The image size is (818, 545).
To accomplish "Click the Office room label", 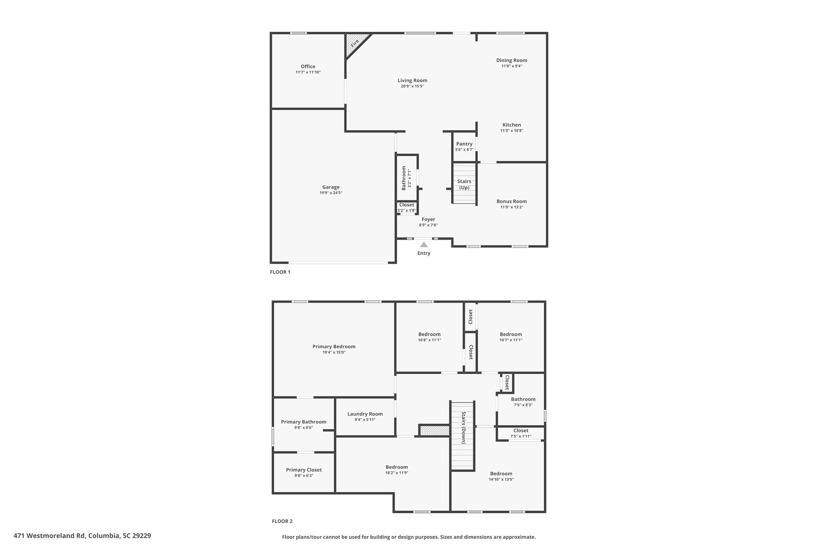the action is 308,67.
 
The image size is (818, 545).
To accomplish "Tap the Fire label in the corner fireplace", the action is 355,43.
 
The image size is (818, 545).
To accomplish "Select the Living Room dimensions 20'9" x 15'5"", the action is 412,86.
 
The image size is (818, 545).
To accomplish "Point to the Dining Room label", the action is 512,60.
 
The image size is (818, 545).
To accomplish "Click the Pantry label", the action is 464,144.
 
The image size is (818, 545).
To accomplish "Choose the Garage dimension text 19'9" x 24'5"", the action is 331,193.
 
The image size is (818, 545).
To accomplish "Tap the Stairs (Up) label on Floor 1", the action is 464,184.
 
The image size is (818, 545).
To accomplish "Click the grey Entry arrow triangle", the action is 424,244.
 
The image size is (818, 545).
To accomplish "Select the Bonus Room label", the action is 512,201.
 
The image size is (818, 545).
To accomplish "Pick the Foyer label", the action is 428,219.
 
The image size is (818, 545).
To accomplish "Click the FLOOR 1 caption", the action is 280,272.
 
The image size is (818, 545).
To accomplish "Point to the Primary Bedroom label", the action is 334,347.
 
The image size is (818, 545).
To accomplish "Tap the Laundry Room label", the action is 365,414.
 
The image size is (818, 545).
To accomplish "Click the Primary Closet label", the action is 304,470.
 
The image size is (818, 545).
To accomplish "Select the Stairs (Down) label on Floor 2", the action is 463,428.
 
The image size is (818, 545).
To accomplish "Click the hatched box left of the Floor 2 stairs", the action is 434,430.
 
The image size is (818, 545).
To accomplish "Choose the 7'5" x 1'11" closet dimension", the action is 521,436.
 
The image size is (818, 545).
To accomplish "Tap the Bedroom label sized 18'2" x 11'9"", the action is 397,467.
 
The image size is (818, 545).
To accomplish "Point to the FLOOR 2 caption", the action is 282,521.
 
